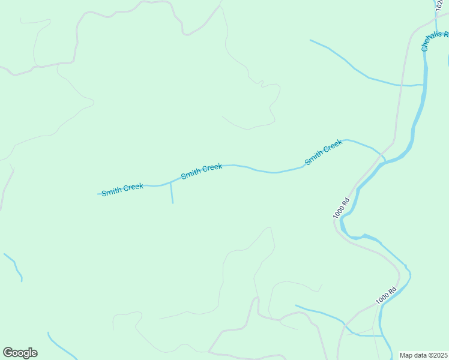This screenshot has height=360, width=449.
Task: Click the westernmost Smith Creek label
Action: [x=122, y=190]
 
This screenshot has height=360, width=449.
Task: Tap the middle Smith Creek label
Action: [x=202, y=170]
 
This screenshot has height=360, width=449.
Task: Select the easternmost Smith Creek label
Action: [x=324, y=152]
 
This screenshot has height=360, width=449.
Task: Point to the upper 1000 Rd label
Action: [x=341, y=208]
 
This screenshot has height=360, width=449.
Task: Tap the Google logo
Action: [x=20, y=353]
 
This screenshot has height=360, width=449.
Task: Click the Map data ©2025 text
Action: [x=424, y=355]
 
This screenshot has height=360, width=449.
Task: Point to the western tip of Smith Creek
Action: [x=98, y=194]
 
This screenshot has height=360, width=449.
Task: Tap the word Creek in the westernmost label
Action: [x=133, y=187]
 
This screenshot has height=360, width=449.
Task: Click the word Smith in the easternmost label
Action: [x=313, y=158]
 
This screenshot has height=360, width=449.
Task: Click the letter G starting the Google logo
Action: [x=8, y=352]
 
